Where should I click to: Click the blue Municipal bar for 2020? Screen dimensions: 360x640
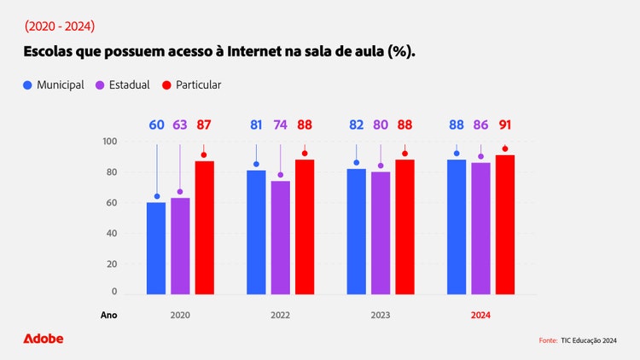(x=156, y=248)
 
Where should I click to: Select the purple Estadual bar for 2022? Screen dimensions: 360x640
(x=281, y=238)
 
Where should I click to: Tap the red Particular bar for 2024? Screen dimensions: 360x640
(x=505, y=225)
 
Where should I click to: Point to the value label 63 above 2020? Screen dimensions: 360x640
(x=180, y=125)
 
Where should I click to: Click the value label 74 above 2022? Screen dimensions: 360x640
(x=281, y=125)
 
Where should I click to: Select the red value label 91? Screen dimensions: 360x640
(x=505, y=125)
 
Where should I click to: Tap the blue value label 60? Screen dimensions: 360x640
(x=156, y=125)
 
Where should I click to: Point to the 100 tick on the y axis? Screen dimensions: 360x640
(x=109, y=142)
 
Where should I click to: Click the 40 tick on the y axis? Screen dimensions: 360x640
(x=111, y=233)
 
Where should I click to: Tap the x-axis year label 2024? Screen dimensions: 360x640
(x=481, y=315)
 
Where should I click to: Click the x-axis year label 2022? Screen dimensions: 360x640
(x=280, y=315)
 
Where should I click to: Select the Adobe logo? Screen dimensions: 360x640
(x=44, y=339)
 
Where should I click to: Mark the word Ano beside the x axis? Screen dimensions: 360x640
(x=109, y=315)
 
